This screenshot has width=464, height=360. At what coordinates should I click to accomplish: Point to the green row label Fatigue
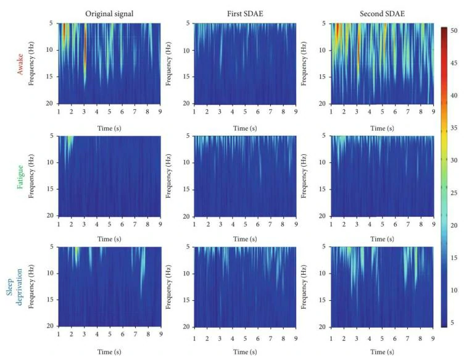click(x=22, y=175)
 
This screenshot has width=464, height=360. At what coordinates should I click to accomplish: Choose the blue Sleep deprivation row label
click(x=14, y=287)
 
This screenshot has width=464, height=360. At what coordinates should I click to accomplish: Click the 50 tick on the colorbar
click(x=454, y=30)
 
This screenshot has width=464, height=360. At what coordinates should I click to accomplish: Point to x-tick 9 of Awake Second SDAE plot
click(x=433, y=112)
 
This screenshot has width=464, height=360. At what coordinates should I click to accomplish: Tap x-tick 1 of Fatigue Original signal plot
click(x=59, y=223)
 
